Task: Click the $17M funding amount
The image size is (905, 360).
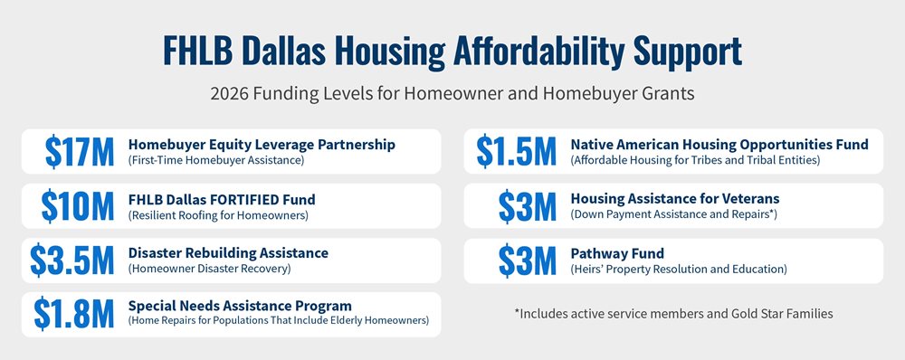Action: point(80,152)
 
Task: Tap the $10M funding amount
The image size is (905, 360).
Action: point(78,206)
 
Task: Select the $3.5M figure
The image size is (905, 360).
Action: point(72,261)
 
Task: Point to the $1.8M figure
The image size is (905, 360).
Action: point(74,315)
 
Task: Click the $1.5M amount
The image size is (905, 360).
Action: point(517,152)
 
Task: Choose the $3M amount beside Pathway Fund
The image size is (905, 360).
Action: point(528,261)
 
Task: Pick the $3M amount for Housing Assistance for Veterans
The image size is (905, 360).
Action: point(528,206)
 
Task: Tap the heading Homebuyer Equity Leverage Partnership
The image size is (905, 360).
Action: point(262,145)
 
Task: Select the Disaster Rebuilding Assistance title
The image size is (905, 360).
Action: point(228,252)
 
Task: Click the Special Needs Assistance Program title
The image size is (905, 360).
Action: point(240,306)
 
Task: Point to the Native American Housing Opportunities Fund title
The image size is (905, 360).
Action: point(719,145)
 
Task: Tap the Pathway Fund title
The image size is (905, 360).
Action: point(617,253)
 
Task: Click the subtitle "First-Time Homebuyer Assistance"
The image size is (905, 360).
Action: point(216,160)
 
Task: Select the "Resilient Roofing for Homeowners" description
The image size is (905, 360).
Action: point(218,216)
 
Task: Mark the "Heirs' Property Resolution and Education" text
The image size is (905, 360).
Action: point(679,270)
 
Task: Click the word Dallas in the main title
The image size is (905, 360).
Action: point(280,51)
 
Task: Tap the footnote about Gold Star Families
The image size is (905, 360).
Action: point(673,314)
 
